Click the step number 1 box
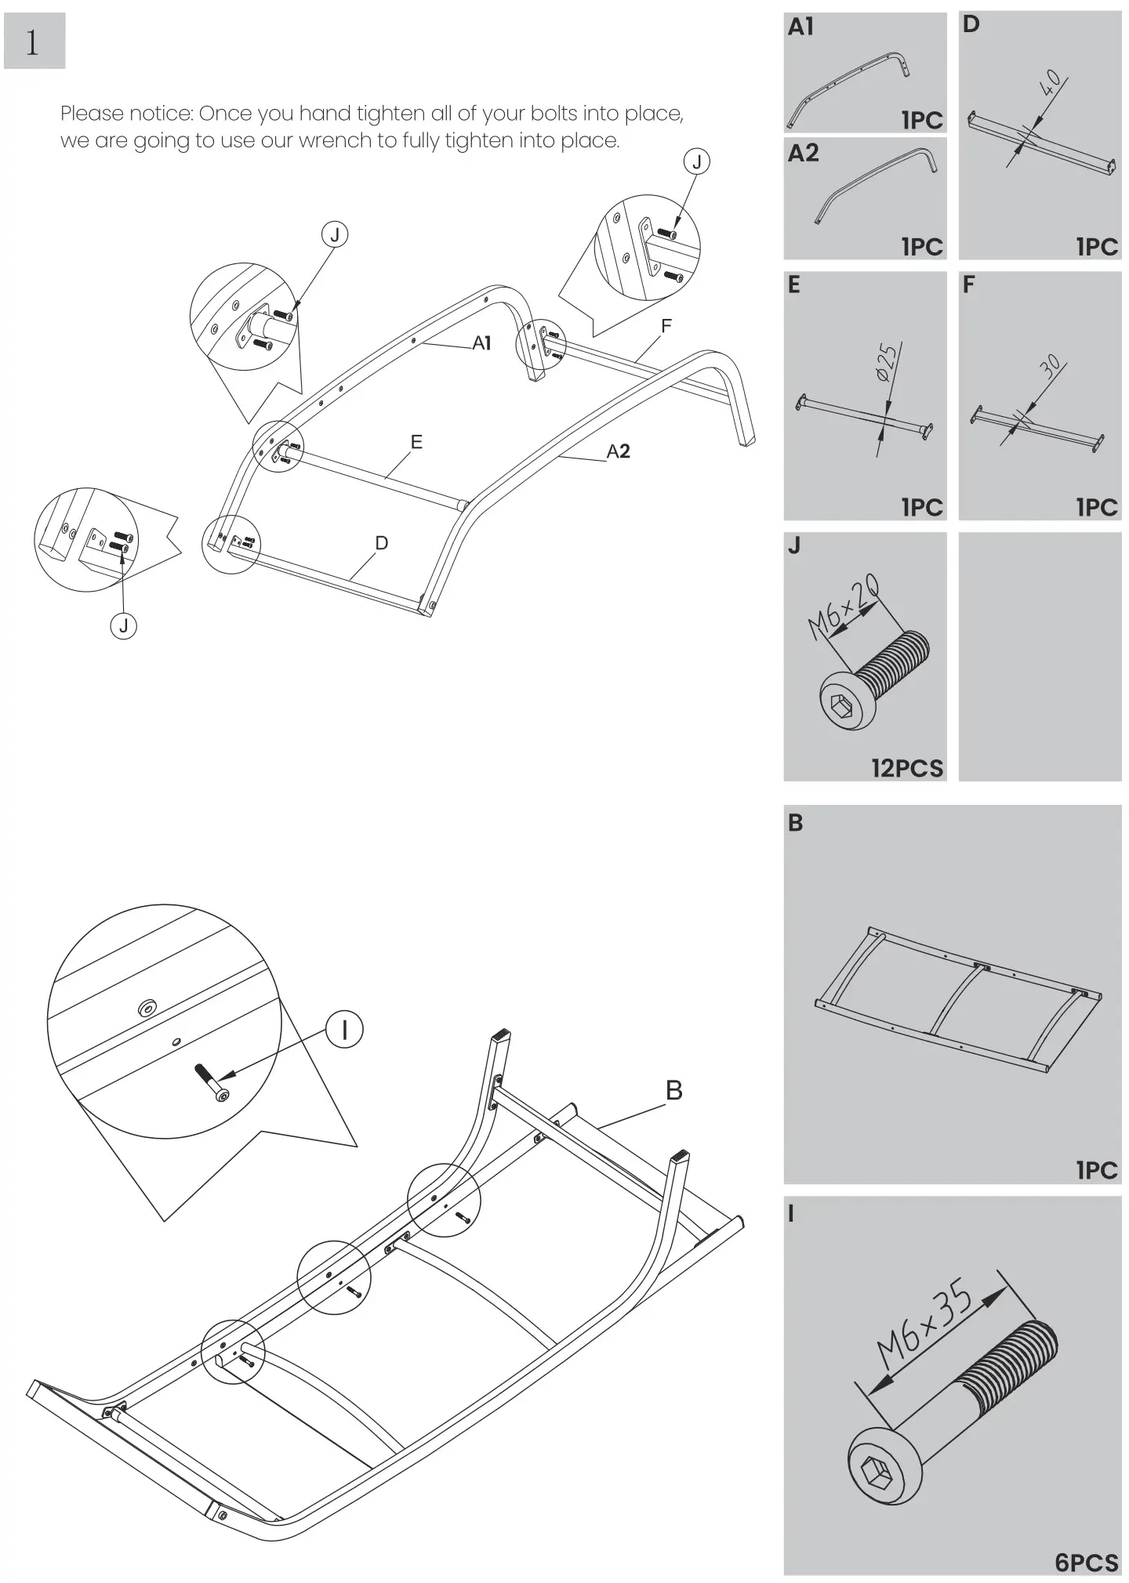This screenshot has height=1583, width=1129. [34, 42]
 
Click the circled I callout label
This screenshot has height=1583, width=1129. [343, 1029]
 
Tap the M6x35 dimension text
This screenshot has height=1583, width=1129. [925, 1324]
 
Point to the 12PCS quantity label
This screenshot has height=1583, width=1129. [907, 767]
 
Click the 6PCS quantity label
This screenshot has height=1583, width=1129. [1086, 1562]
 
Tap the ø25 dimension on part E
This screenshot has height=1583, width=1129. [888, 362]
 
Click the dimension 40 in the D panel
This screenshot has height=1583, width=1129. [1050, 82]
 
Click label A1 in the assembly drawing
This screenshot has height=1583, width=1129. [481, 342]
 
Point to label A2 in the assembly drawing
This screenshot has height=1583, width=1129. [618, 451]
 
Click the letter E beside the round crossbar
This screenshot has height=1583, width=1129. [416, 442]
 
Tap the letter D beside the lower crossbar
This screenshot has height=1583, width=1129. [382, 543]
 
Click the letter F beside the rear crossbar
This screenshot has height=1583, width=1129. [666, 326]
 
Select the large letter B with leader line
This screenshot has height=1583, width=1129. [673, 1090]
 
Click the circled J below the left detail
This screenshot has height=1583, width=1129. [123, 625]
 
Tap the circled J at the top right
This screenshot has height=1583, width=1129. [696, 162]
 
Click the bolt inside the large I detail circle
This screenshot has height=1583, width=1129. [212, 1082]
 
